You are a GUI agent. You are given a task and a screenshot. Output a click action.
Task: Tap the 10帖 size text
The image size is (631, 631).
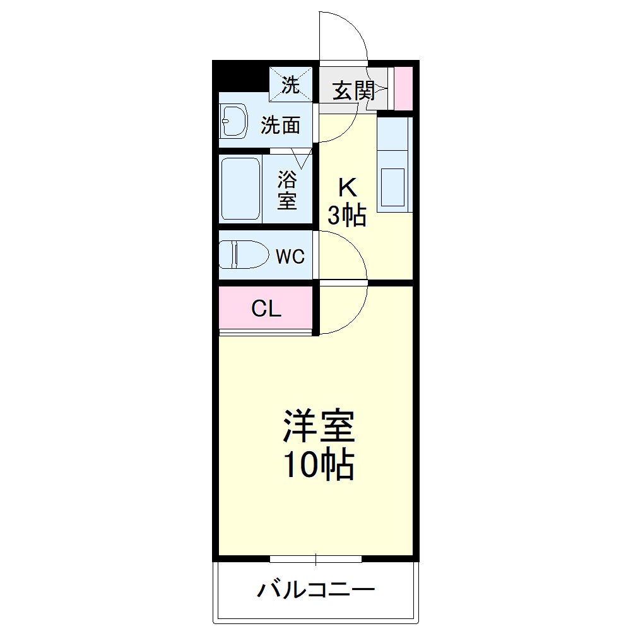click(x=317, y=466)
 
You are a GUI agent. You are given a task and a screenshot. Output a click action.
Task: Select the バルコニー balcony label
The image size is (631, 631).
click(x=316, y=591)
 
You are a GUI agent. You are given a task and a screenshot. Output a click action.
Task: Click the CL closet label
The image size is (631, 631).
click(x=266, y=309)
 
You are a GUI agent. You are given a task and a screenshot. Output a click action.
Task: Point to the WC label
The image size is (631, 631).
click(x=290, y=257)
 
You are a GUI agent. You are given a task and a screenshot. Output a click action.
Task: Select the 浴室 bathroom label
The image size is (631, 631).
click(x=287, y=191)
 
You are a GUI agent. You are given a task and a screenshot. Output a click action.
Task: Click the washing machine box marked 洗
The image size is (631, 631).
click(x=291, y=85)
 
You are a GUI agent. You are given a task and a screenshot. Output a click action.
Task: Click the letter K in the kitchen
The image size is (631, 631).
click(x=348, y=187)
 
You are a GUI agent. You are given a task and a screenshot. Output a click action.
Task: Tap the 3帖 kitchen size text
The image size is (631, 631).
click(x=346, y=216)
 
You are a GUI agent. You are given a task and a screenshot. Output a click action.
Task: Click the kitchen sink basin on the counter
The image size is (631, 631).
click(x=393, y=187)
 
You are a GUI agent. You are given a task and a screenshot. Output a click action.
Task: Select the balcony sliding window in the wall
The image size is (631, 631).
click(x=315, y=558)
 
